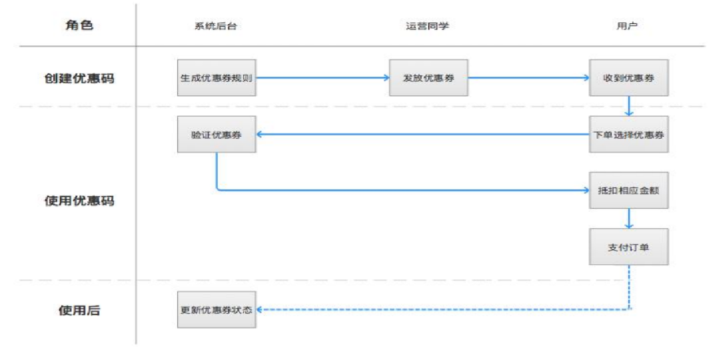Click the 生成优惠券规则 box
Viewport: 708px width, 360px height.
217,78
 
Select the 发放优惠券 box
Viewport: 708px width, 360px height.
428,78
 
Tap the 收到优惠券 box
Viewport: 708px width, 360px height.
628,78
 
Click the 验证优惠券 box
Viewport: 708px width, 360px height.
217,135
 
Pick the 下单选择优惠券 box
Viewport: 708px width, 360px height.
628,135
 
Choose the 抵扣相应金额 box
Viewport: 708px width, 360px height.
628,190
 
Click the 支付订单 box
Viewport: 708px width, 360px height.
628,247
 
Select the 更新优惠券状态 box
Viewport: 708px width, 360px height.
217,310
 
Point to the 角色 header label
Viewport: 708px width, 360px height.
79,25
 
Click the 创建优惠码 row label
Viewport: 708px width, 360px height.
79,78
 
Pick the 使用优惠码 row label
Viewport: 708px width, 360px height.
79,201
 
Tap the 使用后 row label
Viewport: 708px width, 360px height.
79,310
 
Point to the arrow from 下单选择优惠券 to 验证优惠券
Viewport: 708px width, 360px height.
422,135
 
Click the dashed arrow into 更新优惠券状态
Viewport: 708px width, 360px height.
437,309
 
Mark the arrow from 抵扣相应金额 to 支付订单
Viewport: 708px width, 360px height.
629,219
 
